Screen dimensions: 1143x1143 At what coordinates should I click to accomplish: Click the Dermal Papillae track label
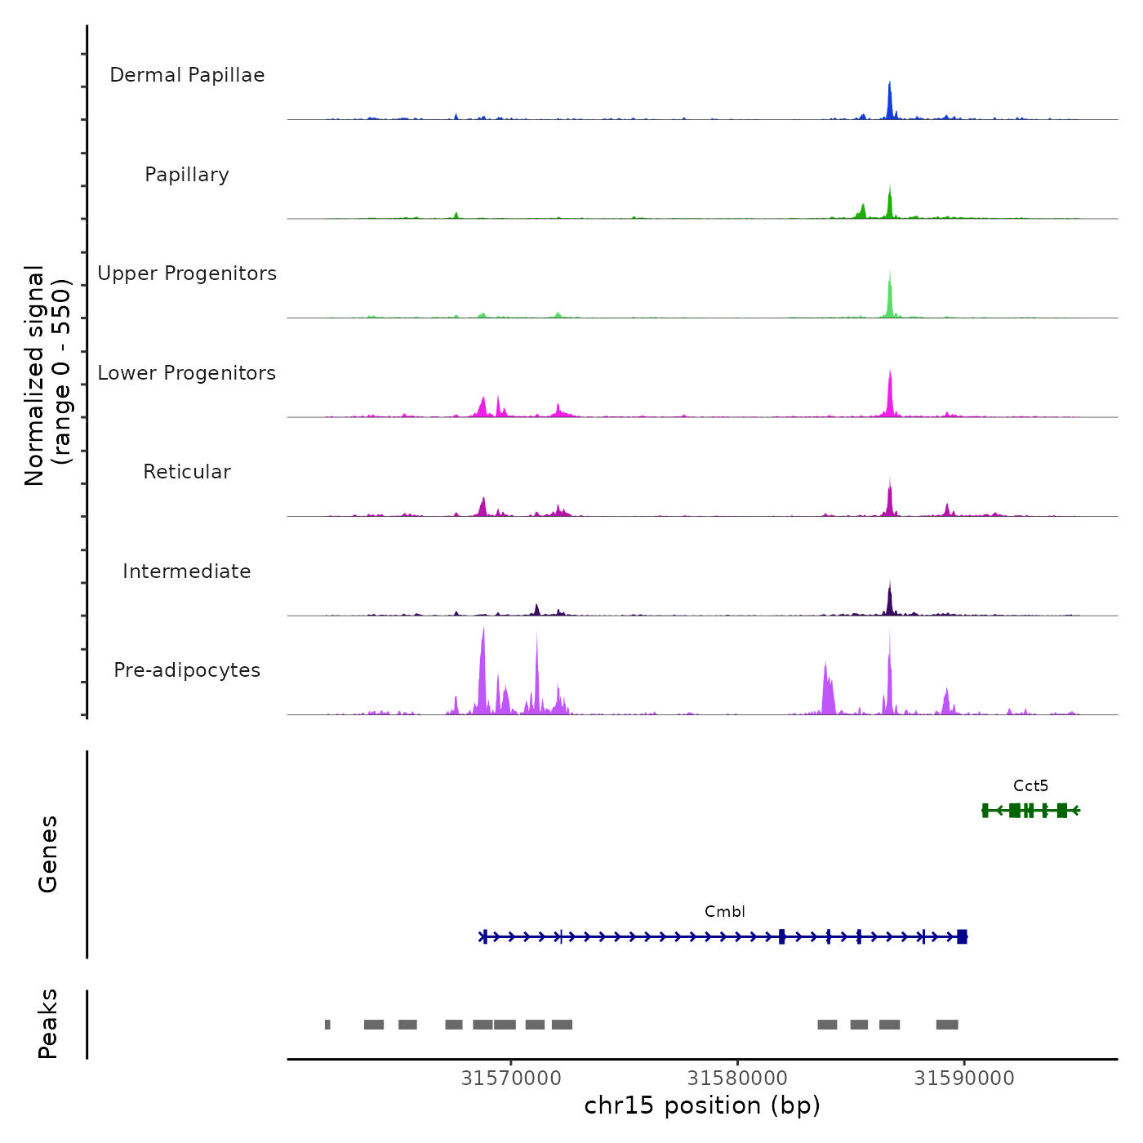tap(187, 75)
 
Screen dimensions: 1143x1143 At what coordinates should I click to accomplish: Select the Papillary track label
tap(187, 175)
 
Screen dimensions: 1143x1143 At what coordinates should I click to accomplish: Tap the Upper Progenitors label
tap(187, 274)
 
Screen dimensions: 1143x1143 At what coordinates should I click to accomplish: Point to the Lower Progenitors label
tap(187, 373)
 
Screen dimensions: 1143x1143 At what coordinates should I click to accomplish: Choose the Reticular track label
tap(187, 472)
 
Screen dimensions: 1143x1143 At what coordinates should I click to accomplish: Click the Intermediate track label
tap(187, 571)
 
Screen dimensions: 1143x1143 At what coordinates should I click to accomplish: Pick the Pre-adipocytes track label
tap(187, 670)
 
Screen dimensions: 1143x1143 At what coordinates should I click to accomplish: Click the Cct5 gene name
tap(1030, 786)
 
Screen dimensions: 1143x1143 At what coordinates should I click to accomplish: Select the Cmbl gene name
tap(725, 912)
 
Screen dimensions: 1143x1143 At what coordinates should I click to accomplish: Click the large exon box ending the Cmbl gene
tap(963, 936)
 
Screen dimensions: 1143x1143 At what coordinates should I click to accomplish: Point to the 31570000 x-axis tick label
tap(511, 1079)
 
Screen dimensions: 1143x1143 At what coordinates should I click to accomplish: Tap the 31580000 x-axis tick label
tap(737, 1079)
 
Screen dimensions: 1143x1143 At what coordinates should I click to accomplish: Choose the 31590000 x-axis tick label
tap(964, 1079)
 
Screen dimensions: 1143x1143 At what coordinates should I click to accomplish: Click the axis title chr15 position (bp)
tap(702, 1105)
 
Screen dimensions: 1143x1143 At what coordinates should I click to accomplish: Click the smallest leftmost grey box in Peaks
tap(327, 1025)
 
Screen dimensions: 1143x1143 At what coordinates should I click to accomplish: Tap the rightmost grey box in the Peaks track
tap(947, 1025)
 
